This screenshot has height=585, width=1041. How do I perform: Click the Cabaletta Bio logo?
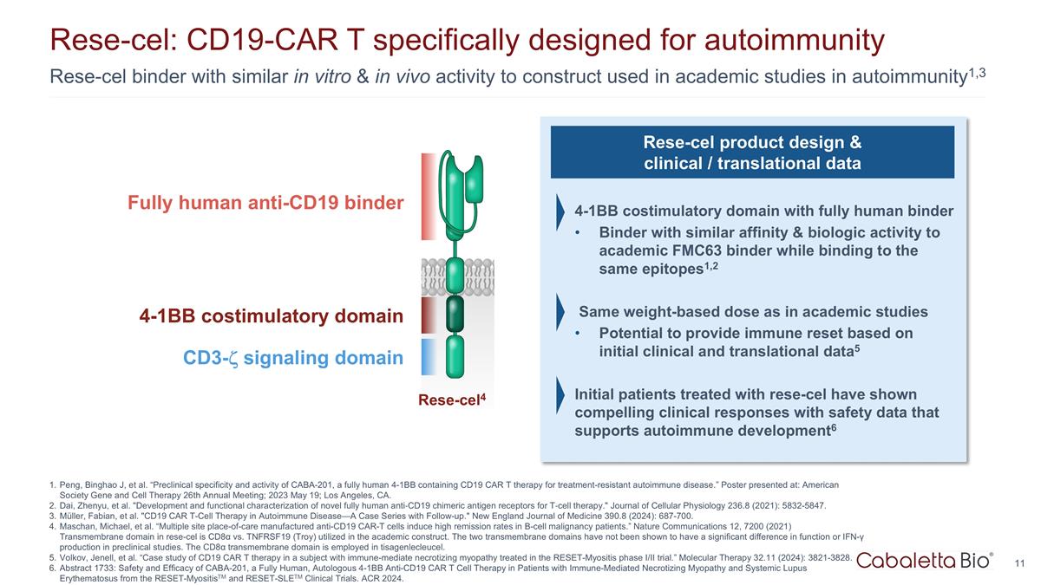pyautogui.click(x=925, y=561)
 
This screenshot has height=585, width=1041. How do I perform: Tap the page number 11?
pyautogui.click(x=1020, y=564)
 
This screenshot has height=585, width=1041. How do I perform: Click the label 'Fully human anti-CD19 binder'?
pyautogui.click(x=265, y=203)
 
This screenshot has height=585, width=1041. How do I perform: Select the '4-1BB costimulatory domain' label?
pyautogui.click(x=271, y=316)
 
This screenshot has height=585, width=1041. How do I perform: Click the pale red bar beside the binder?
pyautogui.click(x=429, y=196)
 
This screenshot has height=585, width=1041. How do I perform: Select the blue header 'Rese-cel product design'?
pyautogui.click(x=752, y=152)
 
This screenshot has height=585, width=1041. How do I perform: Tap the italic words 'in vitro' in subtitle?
pyautogui.click(x=321, y=77)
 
